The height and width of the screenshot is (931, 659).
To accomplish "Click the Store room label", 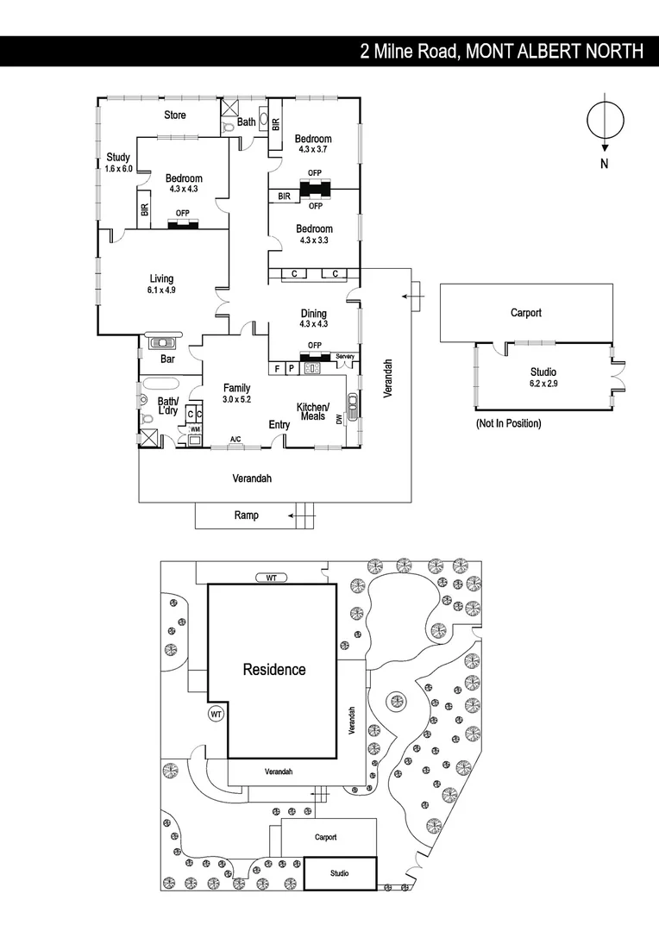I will [175, 115].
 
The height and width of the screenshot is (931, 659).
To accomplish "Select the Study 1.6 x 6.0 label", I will [118, 162].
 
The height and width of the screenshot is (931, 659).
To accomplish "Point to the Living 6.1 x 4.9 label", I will [161, 284].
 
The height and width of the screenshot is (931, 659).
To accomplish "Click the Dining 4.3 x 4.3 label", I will [313, 318].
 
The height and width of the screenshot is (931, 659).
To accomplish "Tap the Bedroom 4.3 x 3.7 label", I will [313, 143].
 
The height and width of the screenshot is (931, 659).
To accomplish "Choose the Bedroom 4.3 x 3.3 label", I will [314, 234].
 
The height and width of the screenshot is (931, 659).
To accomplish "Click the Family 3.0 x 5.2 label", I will [236, 393].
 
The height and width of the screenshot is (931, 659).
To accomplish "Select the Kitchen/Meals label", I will [312, 411].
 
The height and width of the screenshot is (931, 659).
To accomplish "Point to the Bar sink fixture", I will [162, 342].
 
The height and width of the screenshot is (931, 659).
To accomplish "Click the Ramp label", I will [246, 515].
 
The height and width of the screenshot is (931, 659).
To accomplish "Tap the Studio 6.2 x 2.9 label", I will [543, 378].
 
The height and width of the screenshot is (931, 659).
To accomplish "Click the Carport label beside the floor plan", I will [525, 313].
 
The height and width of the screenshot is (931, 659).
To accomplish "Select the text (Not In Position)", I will [508, 423].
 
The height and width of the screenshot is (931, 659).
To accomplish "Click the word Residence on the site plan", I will [273, 669].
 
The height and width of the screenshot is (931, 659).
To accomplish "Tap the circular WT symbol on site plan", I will [216, 714].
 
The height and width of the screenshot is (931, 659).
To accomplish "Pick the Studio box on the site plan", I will [340, 873].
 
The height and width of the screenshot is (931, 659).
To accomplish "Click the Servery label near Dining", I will [345, 356].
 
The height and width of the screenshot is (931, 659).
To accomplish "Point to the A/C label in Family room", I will [235, 440].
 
